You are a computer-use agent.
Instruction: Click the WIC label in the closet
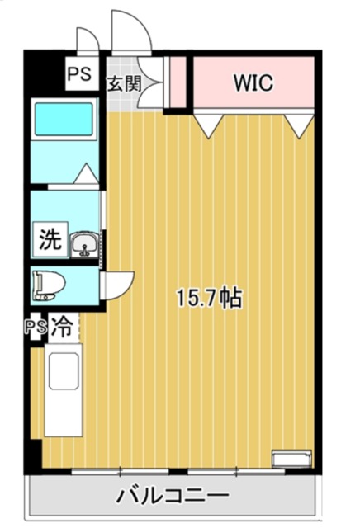(253, 82)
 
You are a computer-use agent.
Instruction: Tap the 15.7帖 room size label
(210, 298)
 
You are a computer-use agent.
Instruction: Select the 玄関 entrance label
(124, 83)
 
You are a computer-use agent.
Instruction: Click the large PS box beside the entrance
(81, 74)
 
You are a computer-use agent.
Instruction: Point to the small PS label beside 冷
(35, 327)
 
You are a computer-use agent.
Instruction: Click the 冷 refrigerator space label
(63, 326)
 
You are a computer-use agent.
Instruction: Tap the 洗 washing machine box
(50, 240)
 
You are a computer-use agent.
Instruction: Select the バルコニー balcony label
(173, 496)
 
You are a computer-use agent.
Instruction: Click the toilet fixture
(49, 286)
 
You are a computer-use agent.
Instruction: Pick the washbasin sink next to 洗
(84, 244)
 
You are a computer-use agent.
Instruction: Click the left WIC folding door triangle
(209, 125)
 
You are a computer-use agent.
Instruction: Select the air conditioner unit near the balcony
(292, 459)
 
